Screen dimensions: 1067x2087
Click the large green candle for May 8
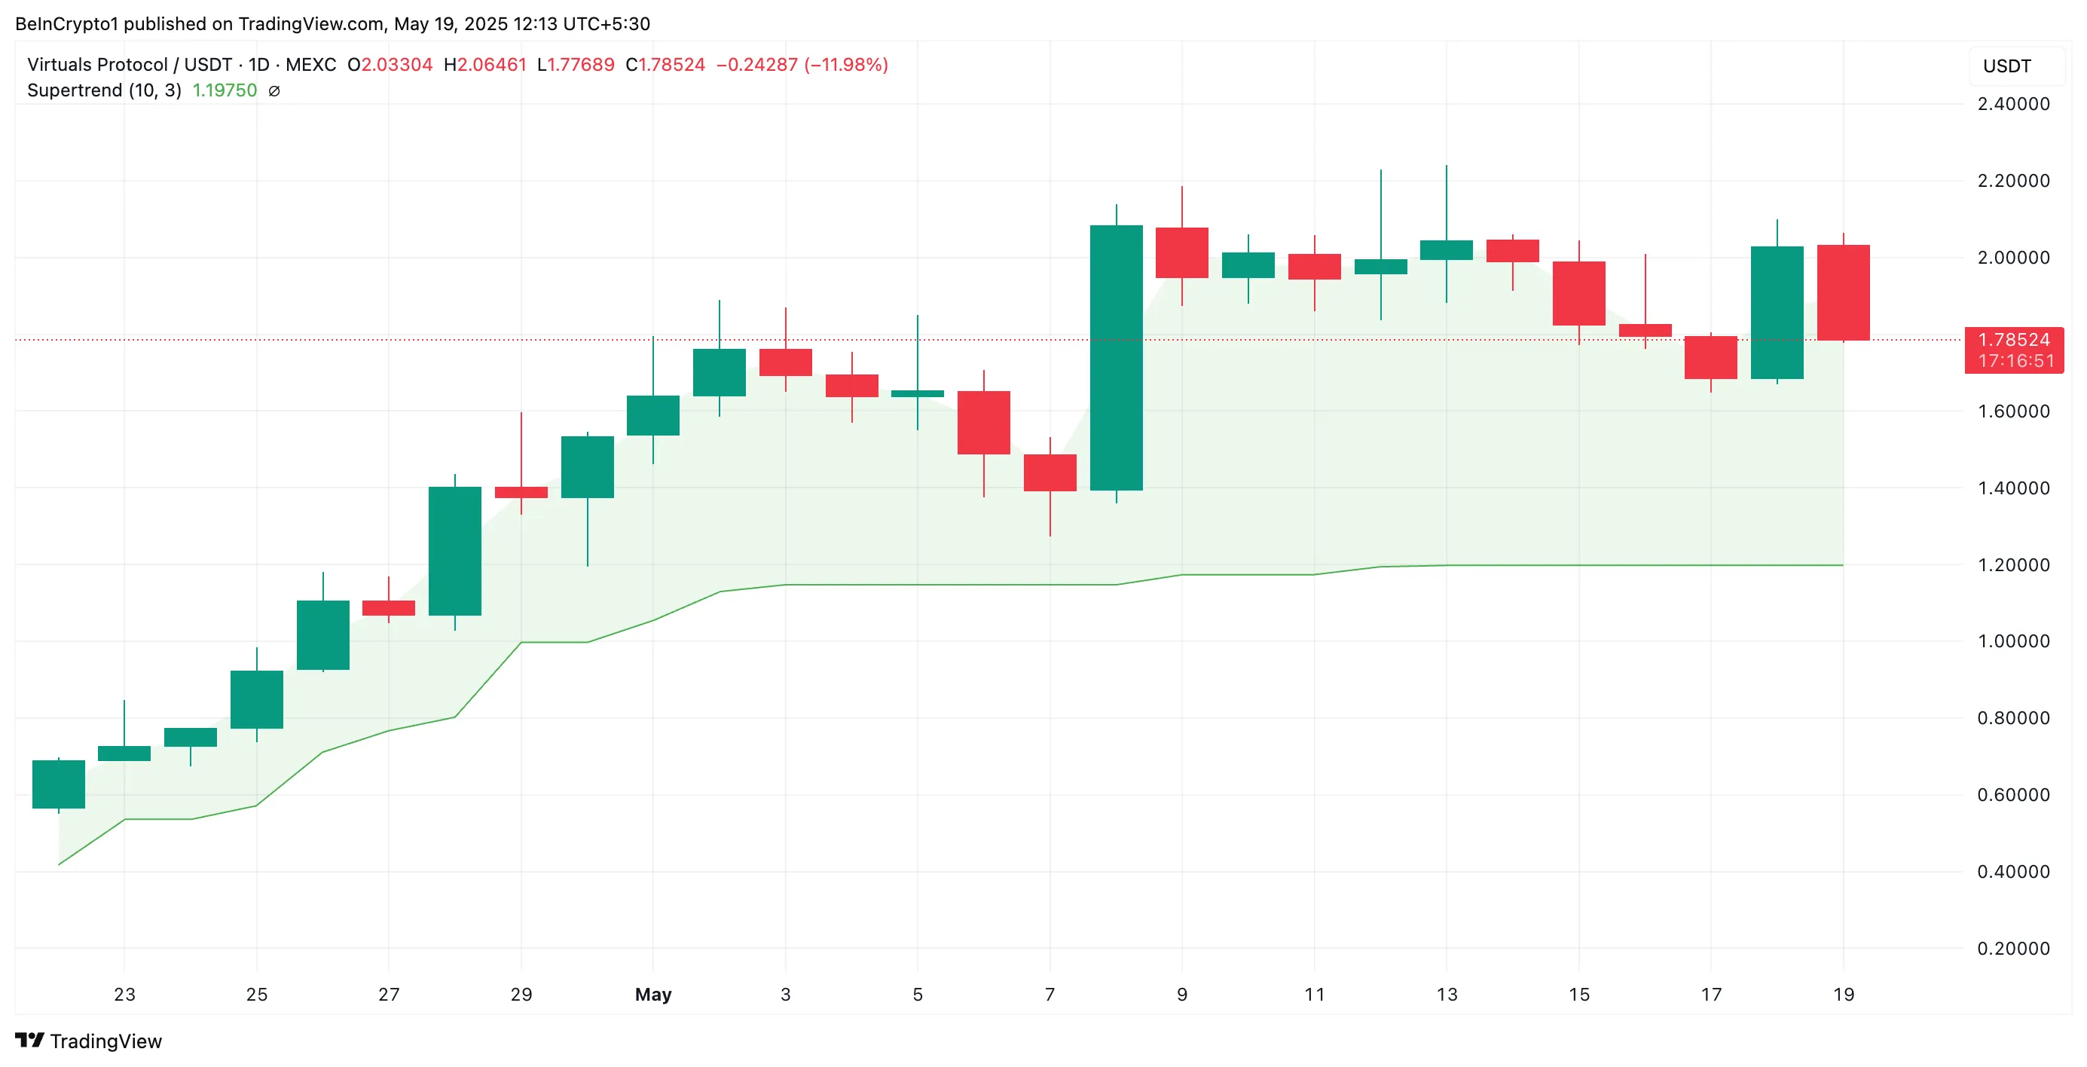pyautogui.click(x=1116, y=357)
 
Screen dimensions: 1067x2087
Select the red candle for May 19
pyautogui.click(x=1843, y=292)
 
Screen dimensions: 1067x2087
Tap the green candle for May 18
pyautogui.click(x=1777, y=312)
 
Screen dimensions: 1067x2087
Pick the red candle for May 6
pyautogui.click(x=983, y=422)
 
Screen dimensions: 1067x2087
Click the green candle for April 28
pyautogui.click(x=454, y=550)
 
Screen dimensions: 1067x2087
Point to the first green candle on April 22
pyautogui.click(x=58, y=784)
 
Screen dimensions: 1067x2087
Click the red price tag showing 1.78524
pyautogui.click(x=2013, y=350)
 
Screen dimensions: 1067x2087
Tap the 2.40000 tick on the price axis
pyautogui.click(x=2012, y=104)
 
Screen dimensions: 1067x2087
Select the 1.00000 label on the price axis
pyautogui.click(x=2012, y=641)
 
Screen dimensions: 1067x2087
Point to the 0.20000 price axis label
pyautogui.click(x=2012, y=948)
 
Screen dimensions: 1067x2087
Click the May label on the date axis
pyautogui.click(x=653, y=994)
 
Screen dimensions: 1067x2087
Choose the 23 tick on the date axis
pyautogui.click(x=124, y=994)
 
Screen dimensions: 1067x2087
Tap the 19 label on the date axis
pyautogui.click(x=1843, y=994)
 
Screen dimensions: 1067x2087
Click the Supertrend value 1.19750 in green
pyautogui.click(x=225, y=90)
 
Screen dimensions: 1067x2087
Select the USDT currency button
pyautogui.click(x=2007, y=66)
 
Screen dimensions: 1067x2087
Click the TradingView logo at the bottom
pyautogui.click(x=88, y=1041)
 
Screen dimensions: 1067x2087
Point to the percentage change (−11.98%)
pyautogui.click(x=846, y=65)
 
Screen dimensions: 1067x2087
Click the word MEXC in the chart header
pyautogui.click(x=310, y=65)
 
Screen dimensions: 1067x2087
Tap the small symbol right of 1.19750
pyautogui.click(x=275, y=90)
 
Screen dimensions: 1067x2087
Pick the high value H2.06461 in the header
pyautogui.click(x=484, y=65)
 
